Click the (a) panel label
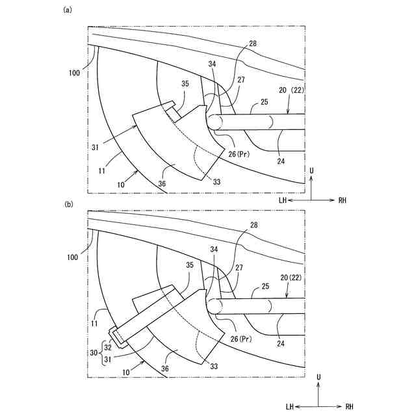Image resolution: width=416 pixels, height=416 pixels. pos(67,10)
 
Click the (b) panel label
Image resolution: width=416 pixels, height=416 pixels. pos(67,205)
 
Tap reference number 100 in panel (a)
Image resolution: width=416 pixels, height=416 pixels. pos(73,73)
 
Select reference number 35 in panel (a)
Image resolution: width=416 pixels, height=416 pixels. pos(185,83)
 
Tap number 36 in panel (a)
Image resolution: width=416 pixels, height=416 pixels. pos(162,184)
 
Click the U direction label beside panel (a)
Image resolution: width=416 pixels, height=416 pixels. pos(312,170)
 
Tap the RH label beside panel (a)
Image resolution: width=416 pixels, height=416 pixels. pos(342,200)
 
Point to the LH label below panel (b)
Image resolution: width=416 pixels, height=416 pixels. pos(290,406)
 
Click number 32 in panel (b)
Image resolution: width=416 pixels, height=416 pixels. pos(109,348)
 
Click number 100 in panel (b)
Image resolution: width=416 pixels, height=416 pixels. pos(73,257)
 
